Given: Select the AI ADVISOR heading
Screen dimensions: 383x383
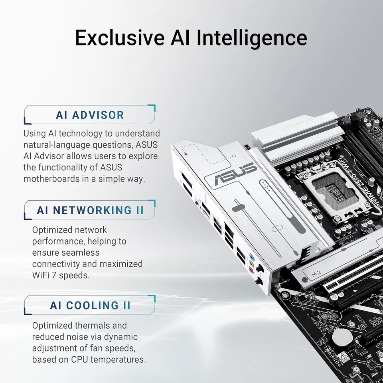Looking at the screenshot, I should (90, 115).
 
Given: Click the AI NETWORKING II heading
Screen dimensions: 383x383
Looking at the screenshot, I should (90, 210).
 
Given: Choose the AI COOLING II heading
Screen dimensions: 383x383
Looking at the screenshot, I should (90, 305).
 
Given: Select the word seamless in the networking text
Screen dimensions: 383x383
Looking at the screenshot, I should (77, 252).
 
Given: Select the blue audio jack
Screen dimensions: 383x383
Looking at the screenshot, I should (251, 257).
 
